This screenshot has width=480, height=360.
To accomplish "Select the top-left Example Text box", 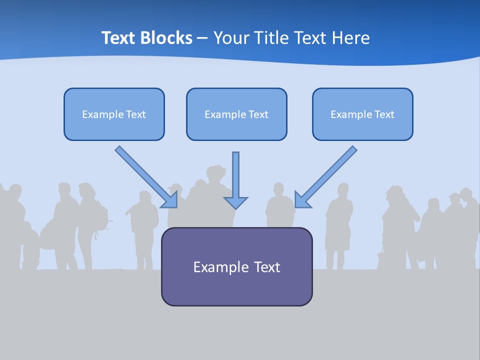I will pos(114,114).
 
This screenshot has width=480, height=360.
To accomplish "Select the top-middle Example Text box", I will pos(236,114).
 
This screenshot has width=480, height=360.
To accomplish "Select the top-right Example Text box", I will pos(362,114).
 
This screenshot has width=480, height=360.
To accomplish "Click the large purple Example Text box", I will pos(236,266).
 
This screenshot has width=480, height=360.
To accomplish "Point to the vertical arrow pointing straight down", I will pos(235,175).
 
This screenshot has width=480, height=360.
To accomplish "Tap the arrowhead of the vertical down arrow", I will pos(235,202).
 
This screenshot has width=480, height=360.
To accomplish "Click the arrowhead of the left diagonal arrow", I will pos(171,200).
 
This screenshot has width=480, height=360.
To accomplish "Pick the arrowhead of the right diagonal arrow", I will pos(301,199).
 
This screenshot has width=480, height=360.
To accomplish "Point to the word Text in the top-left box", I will pos(135,114).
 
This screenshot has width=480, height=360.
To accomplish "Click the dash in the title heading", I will pos(202,38).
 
